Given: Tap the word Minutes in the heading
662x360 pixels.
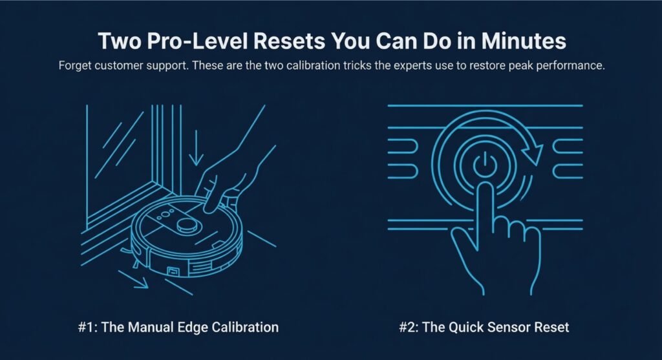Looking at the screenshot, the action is [523, 41].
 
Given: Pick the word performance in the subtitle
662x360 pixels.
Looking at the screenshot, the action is [570, 66].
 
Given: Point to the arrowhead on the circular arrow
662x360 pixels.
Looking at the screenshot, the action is [533, 153].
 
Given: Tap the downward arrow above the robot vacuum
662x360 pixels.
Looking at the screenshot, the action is [196, 147].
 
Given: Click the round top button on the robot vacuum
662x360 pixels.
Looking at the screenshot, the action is [187, 226].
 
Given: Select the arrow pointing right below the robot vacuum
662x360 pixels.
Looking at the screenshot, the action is [133, 279].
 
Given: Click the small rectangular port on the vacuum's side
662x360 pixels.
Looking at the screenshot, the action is [173, 271].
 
